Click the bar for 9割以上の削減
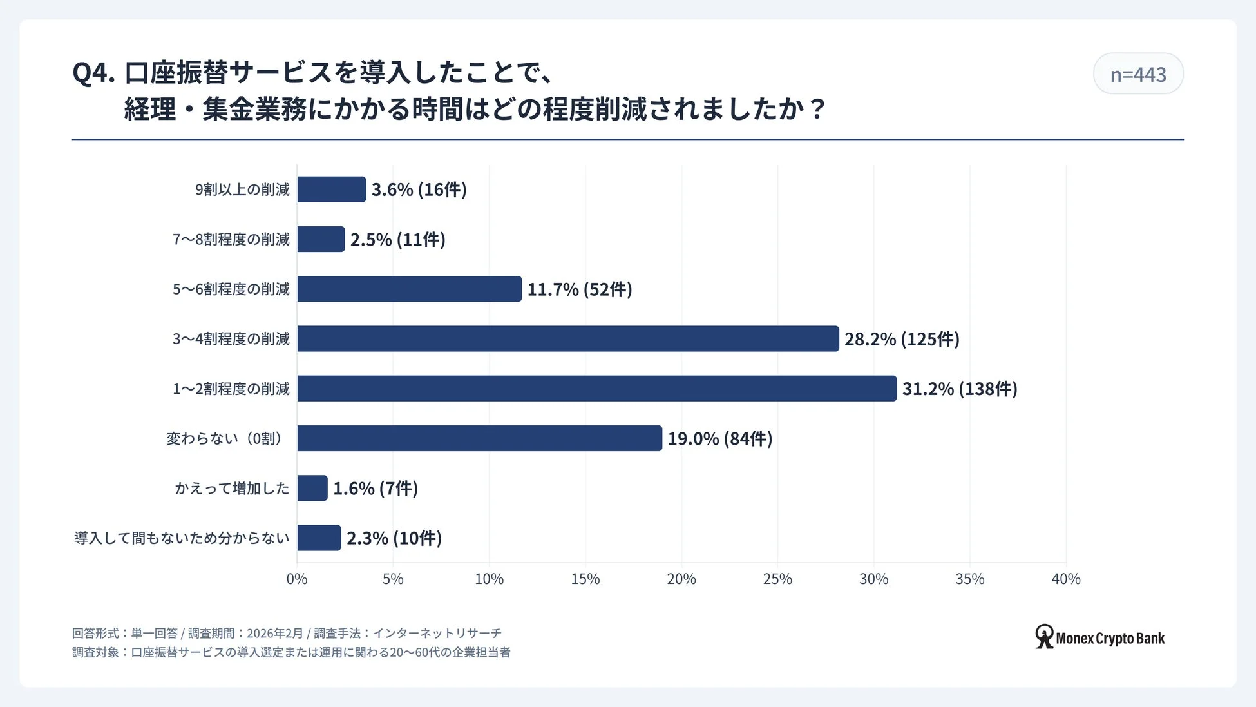331,189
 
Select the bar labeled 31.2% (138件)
596,389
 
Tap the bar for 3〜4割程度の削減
567,339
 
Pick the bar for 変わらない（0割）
479,438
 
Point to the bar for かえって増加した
312,489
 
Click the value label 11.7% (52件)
580,289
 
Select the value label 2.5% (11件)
397,240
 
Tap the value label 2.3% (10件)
394,538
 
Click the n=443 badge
1137,74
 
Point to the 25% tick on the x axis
777,579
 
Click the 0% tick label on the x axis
297,579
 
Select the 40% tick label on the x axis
1065,579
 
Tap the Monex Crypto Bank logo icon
1044,636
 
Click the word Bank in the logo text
1150,639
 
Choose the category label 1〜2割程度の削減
231,389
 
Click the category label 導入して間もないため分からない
182,538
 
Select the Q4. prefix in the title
93,73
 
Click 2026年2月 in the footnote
274,634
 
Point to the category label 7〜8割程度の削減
231,240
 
